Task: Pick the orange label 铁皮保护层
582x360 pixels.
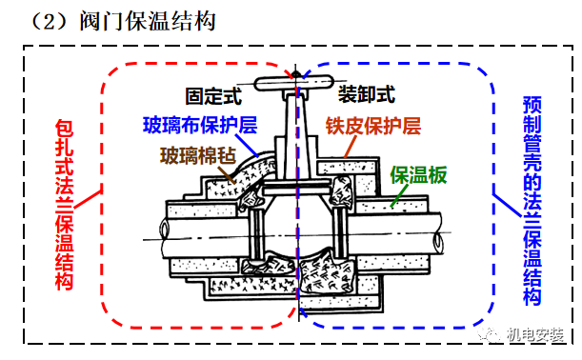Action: click(x=372, y=125)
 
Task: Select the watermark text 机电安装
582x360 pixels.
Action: click(x=534, y=334)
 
